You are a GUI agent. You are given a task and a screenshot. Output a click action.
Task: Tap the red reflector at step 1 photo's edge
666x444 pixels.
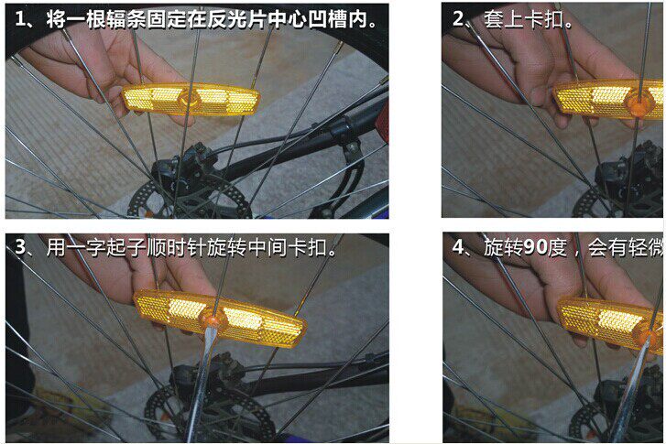pyautogui.click(x=381, y=124)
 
